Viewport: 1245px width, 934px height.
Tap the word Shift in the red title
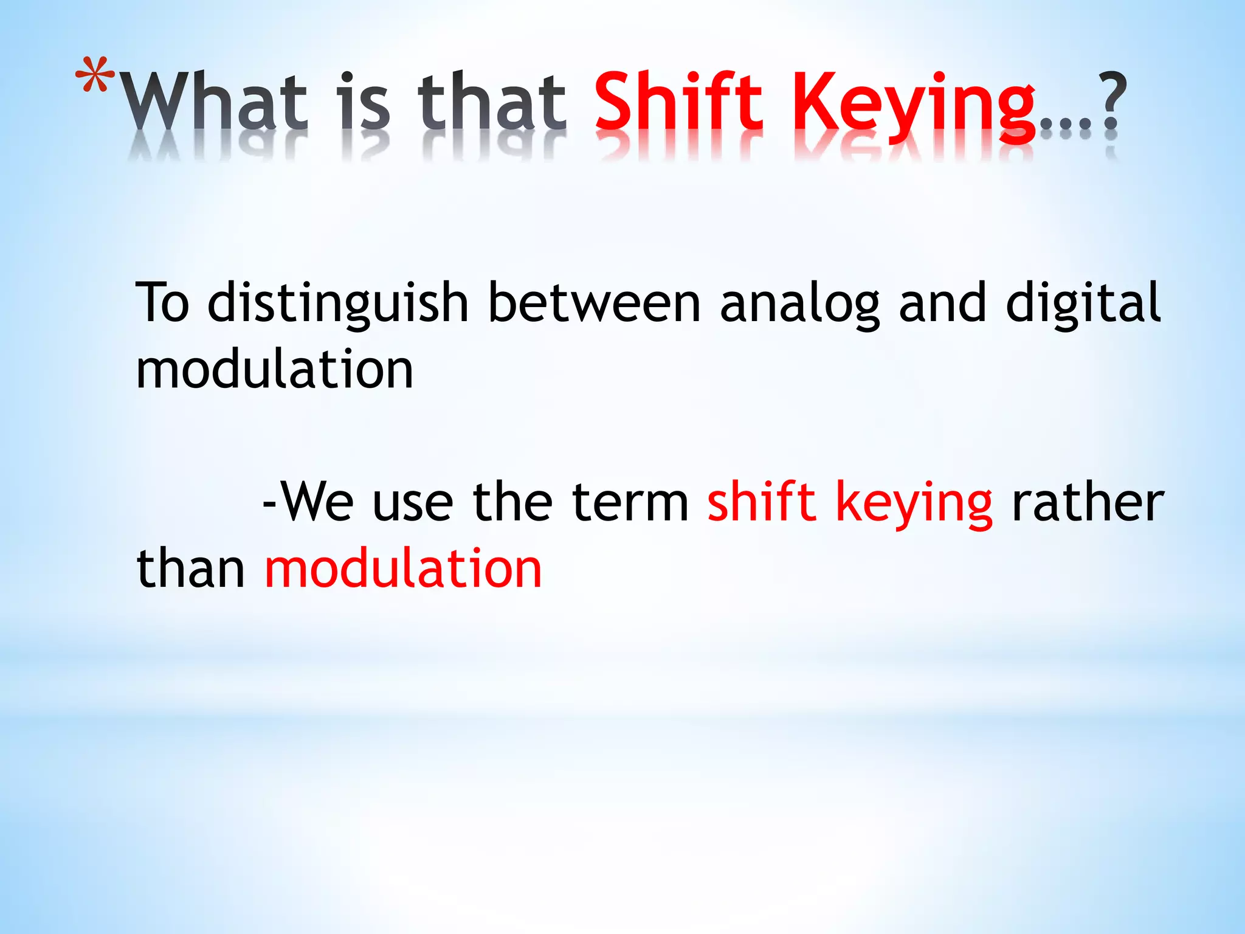(677, 101)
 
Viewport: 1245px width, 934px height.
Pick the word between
(595, 303)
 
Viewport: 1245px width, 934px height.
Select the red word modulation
(403, 569)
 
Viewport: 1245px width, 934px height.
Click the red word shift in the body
(761, 502)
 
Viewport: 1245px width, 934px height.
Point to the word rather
(1087, 502)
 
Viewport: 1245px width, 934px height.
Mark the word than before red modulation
(190, 569)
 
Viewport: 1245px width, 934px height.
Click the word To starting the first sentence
(162, 303)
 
